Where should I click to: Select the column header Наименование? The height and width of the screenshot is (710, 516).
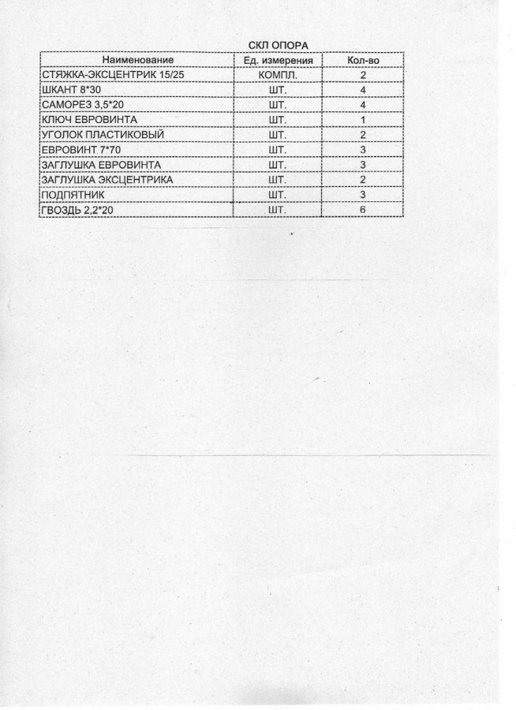[x=136, y=60]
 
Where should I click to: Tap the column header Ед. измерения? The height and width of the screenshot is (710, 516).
[x=279, y=60]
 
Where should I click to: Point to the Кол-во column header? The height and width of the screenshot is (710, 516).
[x=364, y=60]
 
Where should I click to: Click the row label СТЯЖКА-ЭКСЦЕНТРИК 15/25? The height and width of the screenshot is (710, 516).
[x=105, y=75]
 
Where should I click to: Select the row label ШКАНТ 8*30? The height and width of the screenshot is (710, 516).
[x=69, y=90]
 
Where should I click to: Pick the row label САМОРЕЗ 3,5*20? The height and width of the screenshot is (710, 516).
[x=81, y=105]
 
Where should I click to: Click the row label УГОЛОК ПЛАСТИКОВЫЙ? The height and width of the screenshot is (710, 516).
[x=101, y=135]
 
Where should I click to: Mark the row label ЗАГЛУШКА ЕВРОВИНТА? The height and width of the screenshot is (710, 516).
[x=100, y=165]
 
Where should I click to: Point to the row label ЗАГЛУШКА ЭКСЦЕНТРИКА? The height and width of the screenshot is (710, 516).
[x=106, y=180]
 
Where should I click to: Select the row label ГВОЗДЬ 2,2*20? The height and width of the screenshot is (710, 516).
[x=79, y=209]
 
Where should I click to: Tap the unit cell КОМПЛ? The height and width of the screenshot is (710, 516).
[x=278, y=75]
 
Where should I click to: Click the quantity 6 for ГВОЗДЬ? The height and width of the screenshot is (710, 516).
[x=364, y=209]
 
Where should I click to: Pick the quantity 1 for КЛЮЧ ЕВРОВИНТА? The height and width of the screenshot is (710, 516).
[x=364, y=120]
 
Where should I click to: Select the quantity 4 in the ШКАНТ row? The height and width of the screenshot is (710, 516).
[x=364, y=90]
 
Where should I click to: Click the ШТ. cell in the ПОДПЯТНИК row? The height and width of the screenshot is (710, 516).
[x=278, y=194]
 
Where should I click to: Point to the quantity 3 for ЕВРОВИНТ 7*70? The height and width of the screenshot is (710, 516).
[x=364, y=150]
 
